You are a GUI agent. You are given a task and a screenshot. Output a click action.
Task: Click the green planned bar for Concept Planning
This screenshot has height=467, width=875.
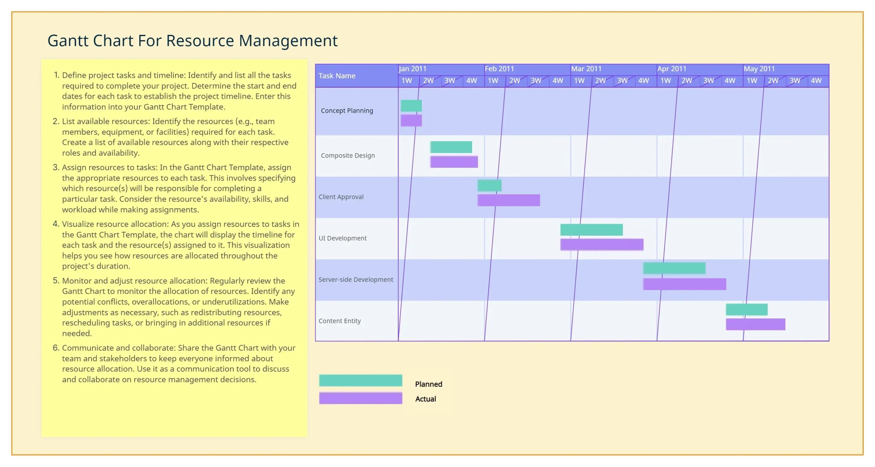[x=411, y=106]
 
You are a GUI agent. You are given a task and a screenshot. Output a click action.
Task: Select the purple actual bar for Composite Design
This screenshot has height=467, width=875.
[x=454, y=162]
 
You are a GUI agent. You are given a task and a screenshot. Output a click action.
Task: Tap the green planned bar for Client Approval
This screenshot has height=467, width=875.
[x=489, y=185]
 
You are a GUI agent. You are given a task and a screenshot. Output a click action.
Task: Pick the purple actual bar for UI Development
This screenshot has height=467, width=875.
[x=602, y=244]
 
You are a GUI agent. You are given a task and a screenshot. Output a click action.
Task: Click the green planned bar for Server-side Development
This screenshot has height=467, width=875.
[x=674, y=268]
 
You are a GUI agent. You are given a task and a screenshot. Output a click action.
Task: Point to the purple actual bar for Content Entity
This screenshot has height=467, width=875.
[x=755, y=324]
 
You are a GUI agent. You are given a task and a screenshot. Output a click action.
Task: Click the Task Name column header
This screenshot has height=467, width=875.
[x=337, y=76]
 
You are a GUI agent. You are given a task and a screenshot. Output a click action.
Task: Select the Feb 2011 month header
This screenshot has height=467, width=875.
[x=499, y=69]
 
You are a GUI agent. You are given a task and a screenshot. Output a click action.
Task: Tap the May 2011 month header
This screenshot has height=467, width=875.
[x=759, y=69]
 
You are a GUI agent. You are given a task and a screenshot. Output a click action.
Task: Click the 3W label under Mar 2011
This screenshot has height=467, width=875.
[x=622, y=81]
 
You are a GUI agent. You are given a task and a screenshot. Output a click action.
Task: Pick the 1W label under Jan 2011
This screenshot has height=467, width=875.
[x=407, y=81]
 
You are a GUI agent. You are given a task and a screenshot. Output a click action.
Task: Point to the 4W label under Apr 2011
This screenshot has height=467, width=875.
[x=730, y=81]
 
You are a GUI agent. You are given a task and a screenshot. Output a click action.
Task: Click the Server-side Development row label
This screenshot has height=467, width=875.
[x=356, y=279]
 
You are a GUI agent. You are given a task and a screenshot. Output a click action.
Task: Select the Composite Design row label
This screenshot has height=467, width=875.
[x=348, y=155]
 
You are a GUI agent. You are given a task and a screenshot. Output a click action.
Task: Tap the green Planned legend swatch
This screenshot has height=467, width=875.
[x=361, y=380]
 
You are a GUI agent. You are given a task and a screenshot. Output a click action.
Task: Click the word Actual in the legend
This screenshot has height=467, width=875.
[x=426, y=399]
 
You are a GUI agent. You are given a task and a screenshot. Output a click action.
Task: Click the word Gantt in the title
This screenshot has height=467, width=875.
[x=68, y=41]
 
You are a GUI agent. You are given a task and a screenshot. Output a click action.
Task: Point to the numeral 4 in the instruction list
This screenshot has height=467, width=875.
[x=56, y=224]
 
